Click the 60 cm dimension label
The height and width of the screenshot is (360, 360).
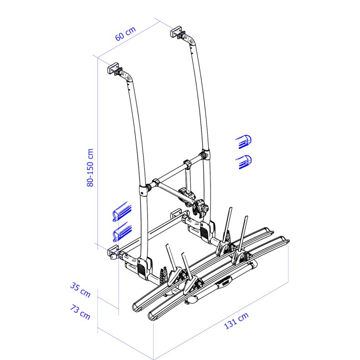pos(125,34)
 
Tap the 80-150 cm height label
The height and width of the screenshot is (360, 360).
pos(90,168)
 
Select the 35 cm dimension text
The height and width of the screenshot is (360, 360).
pos(80,290)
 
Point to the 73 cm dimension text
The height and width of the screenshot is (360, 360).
pos(80,312)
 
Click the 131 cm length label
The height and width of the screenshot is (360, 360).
pos(236,321)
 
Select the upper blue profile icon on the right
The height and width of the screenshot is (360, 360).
pos(244,142)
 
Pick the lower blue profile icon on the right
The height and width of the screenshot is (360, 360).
pos(244,162)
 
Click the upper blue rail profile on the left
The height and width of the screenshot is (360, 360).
pos(122,211)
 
